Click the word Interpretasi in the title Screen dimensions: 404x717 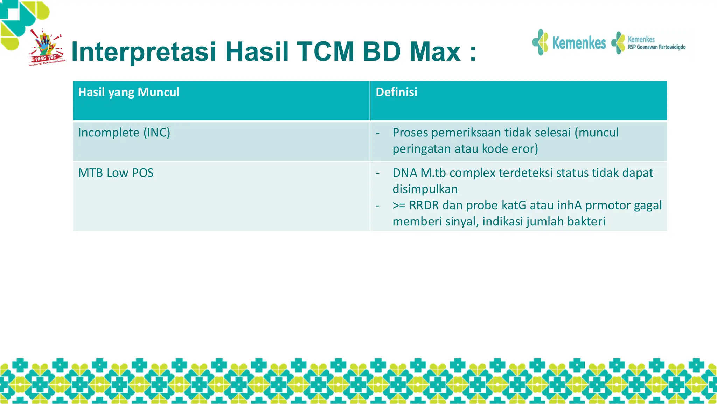click(144, 52)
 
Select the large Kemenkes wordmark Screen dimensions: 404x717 click(579, 43)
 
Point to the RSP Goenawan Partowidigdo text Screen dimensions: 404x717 click(656, 47)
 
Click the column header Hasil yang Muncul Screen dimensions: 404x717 click(128, 92)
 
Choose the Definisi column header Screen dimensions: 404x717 click(396, 92)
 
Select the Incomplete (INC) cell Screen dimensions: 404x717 click(124, 133)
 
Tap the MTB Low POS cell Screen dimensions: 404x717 click(116, 173)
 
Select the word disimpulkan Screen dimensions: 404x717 click(425, 189)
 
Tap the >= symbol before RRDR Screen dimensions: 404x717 click(399, 205)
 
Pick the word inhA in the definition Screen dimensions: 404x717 click(569, 205)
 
